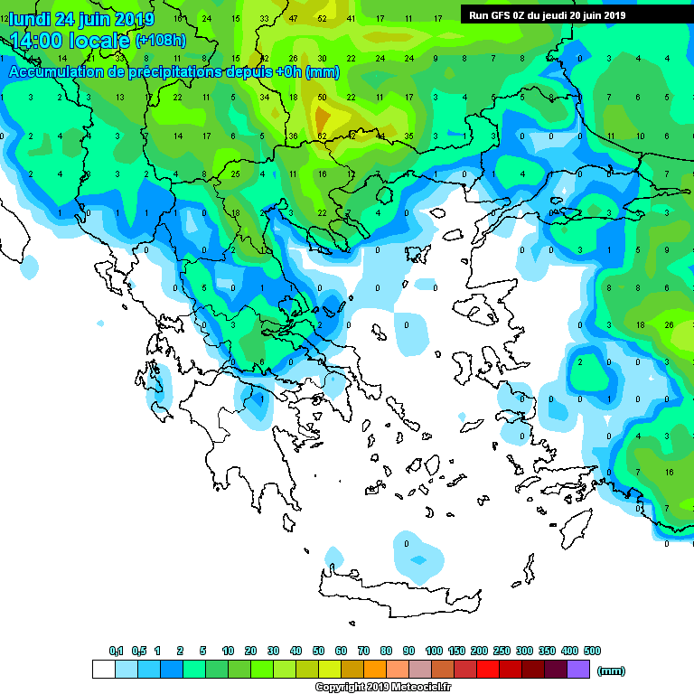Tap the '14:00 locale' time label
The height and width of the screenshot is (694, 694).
[70, 41]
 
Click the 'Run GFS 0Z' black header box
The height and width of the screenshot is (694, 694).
[547, 15]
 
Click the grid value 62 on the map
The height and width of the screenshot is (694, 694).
[322, 136]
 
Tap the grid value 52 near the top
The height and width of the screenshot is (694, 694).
[323, 18]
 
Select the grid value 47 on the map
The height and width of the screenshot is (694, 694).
[294, 18]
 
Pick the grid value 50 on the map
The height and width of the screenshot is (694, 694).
[323, 97]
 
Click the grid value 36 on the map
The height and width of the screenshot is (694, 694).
[293, 136]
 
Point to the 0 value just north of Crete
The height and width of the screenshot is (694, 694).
[407, 543]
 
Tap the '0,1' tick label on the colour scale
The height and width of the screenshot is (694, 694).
[116, 651]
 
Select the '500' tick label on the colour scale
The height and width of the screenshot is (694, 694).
[592, 651]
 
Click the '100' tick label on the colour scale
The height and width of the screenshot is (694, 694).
[434, 651]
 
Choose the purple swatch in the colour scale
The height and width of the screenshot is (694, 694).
[578, 669]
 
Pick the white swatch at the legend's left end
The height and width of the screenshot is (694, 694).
[103, 669]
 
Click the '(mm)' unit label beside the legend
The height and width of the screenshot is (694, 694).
[612, 671]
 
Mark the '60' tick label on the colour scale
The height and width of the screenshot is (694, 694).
[341, 651]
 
